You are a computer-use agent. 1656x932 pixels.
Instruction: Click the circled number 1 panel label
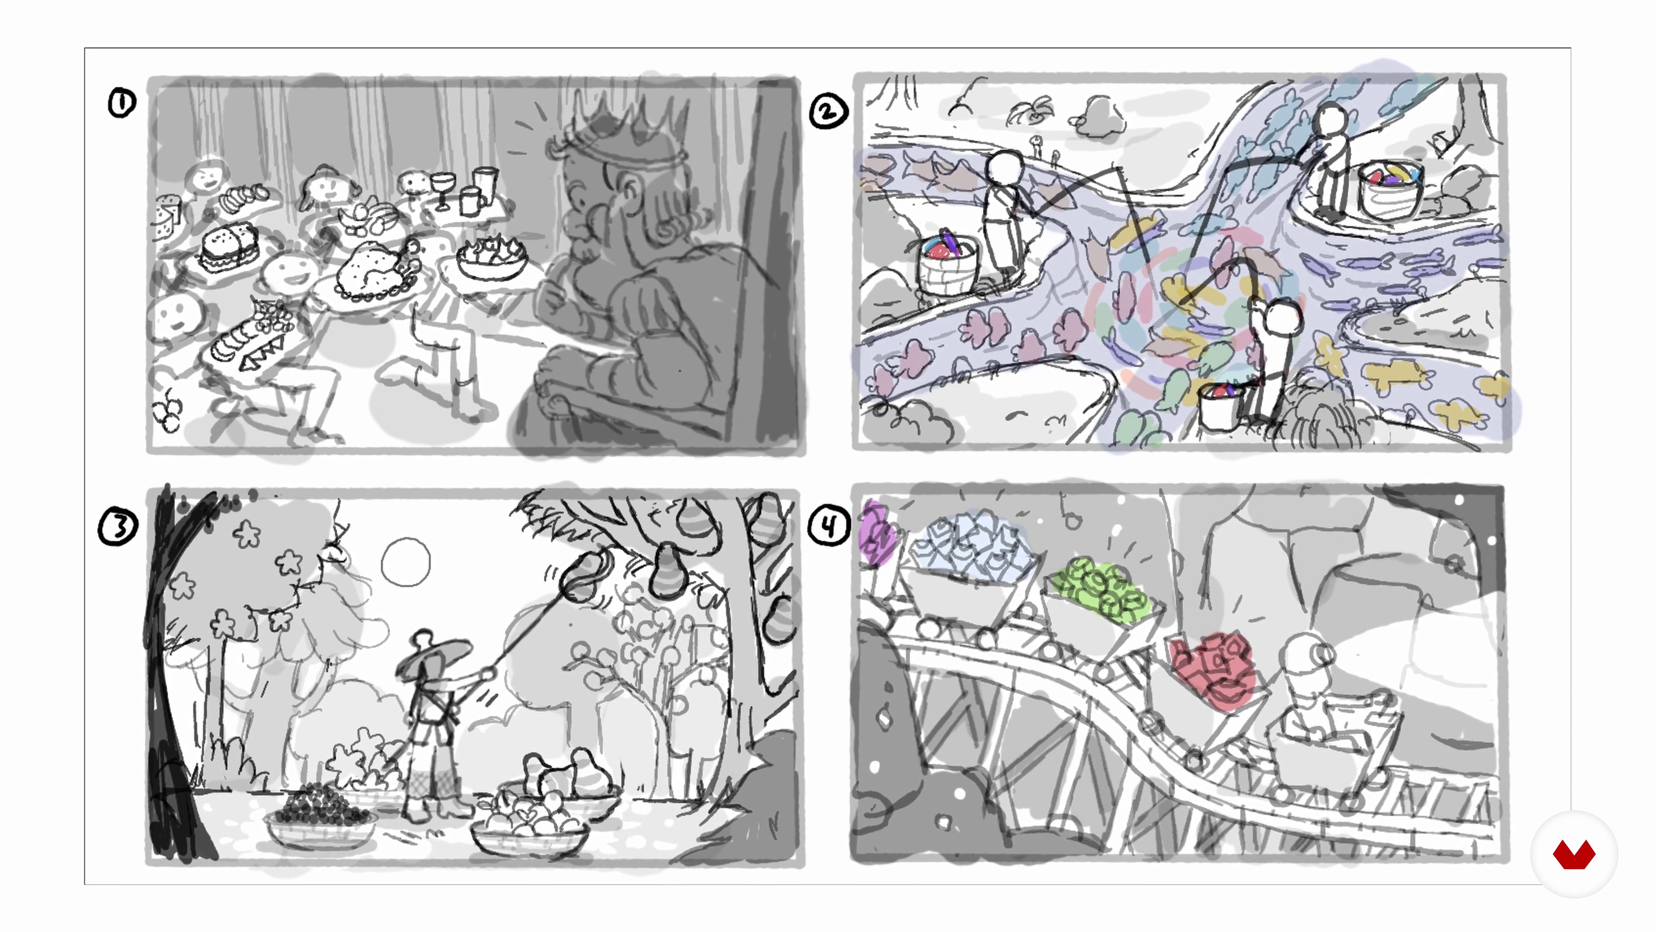click(122, 103)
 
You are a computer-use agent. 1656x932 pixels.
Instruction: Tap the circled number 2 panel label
click(828, 111)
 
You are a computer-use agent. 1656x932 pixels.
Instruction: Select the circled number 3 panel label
click(118, 527)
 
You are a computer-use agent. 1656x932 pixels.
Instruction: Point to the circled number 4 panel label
click(828, 526)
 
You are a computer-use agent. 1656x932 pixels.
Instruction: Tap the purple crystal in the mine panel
click(875, 532)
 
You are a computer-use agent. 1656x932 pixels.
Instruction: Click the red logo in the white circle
click(1574, 854)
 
